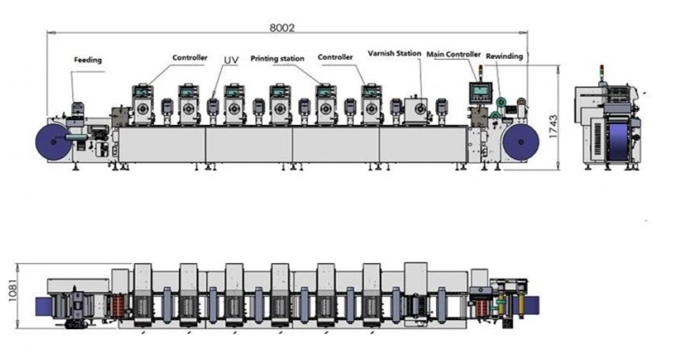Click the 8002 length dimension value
coord(282,28)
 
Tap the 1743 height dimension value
coord(553,127)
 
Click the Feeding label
coord(88,60)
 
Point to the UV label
coord(231,60)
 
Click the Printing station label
coord(277,59)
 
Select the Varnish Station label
coord(395,53)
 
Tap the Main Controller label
coord(453,54)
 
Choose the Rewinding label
coord(504,56)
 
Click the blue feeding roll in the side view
coord(53,142)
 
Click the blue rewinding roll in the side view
coord(520,142)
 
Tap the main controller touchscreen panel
coord(481,92)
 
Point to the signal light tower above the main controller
coord(481,71)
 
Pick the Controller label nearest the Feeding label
coord(190,58)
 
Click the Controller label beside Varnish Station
coord(335,57)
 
